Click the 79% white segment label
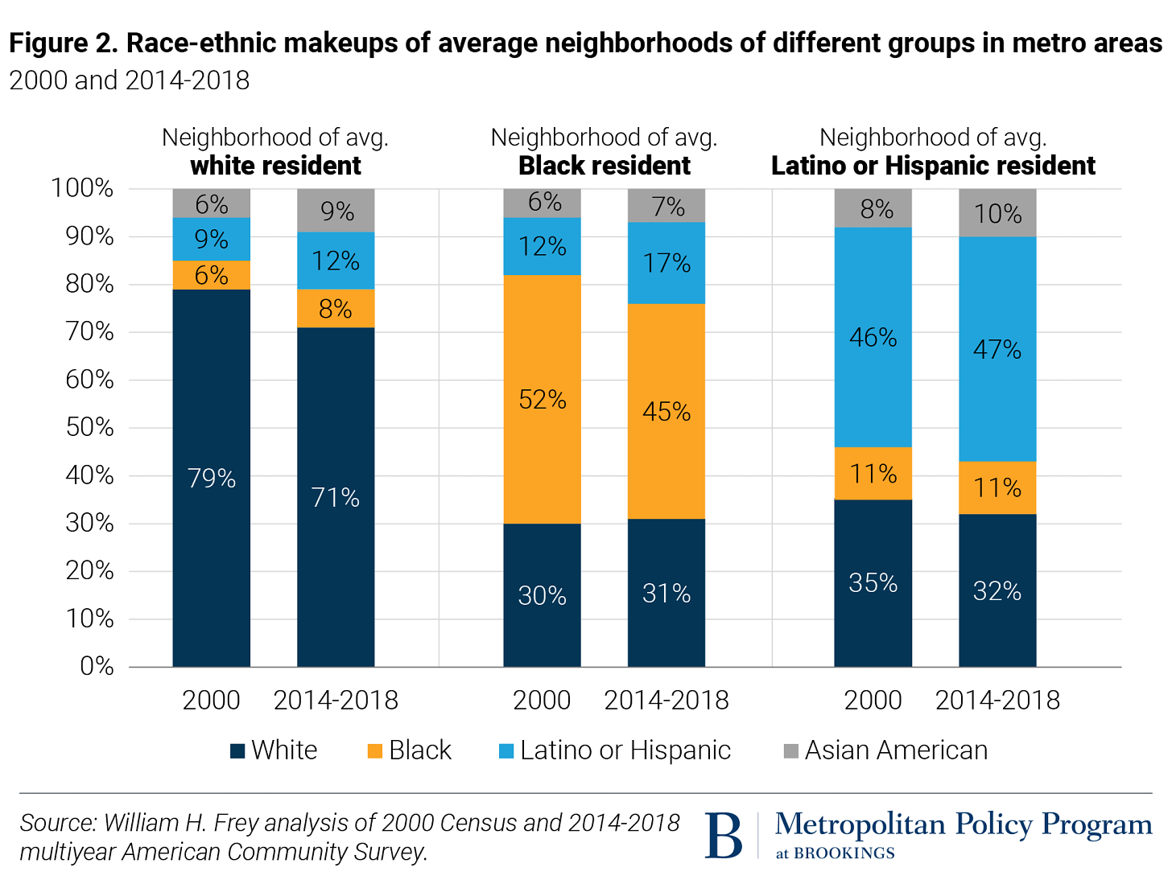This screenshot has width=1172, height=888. pos(212,479)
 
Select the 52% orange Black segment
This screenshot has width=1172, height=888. pos(542,400)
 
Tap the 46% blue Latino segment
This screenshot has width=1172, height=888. pos(873,337)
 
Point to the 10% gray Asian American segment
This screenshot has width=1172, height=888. pos(997,213)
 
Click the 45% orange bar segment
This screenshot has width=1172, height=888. pos(666,412)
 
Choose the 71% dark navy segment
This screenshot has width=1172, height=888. pos(336,497)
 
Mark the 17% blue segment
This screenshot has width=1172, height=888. pos(666,263)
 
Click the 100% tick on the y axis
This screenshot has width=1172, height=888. pos(83,188)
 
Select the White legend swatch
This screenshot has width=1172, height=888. pos(237,751)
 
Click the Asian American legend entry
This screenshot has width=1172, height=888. pos(895,750)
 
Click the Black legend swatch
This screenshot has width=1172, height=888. pos(375,751)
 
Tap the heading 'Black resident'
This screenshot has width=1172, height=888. pos(604,166)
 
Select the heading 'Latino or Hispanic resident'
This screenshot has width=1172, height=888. pos(933,166)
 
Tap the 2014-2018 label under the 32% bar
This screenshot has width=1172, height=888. pos(997,701)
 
